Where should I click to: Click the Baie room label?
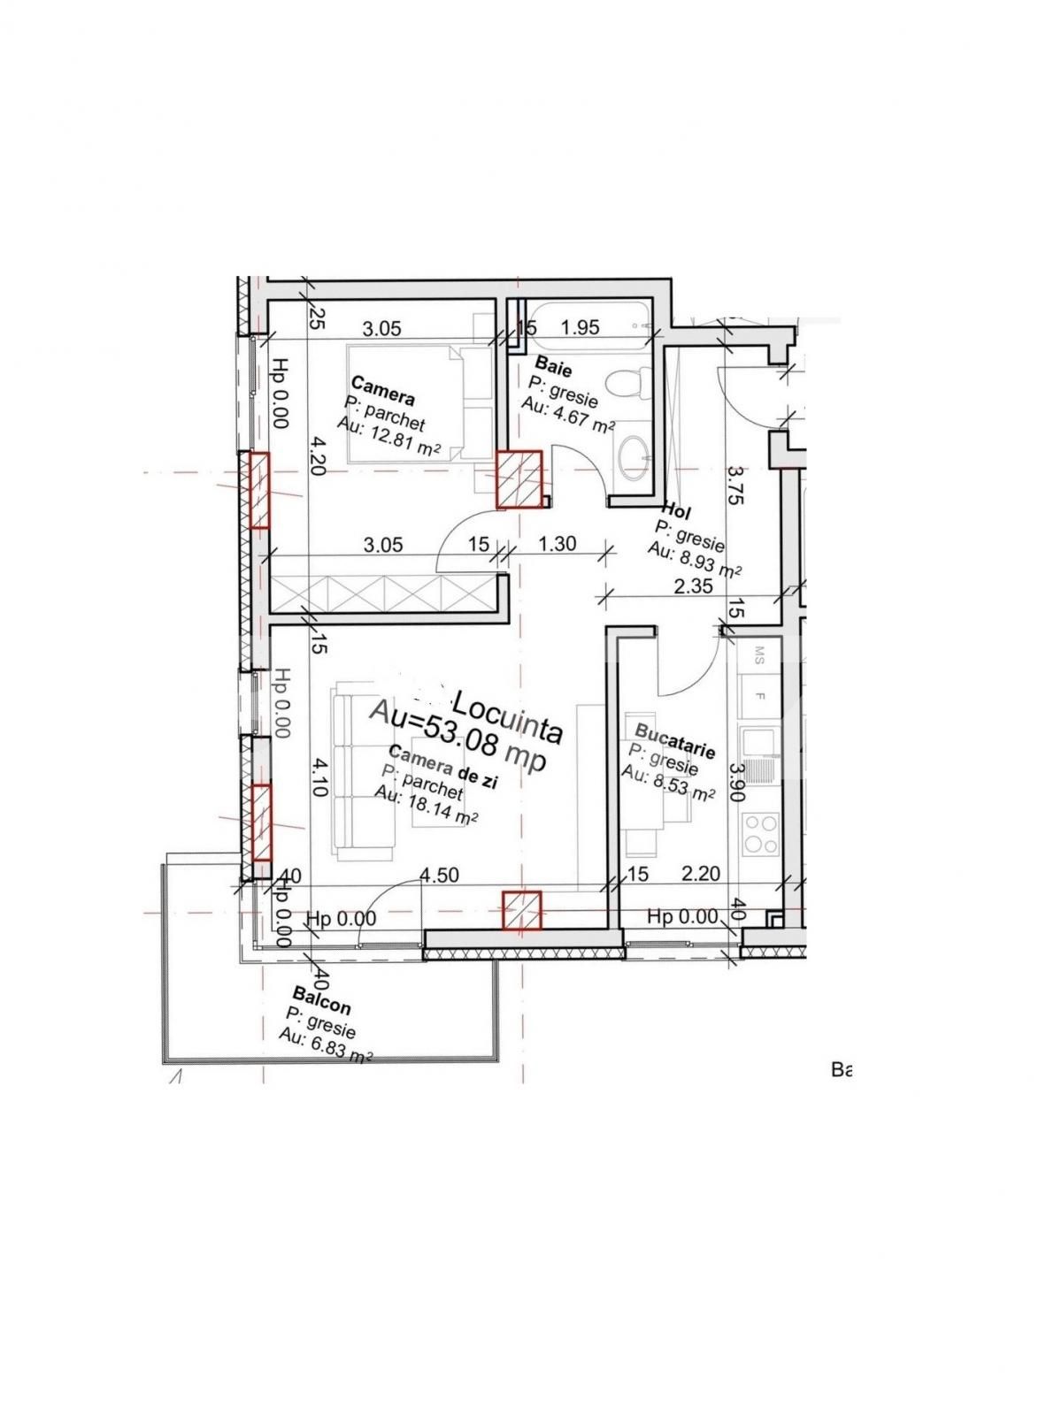pyautogui.click(x=554, y=367)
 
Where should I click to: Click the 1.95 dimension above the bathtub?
pyautogui.click(x=581, y=328)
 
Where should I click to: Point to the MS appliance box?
pyautogui.click(x=759, y=654)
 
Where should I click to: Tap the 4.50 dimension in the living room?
pyautogui.click(x=439, y=876)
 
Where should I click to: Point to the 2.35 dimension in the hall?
pyautogui.click(x=693, y=586)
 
